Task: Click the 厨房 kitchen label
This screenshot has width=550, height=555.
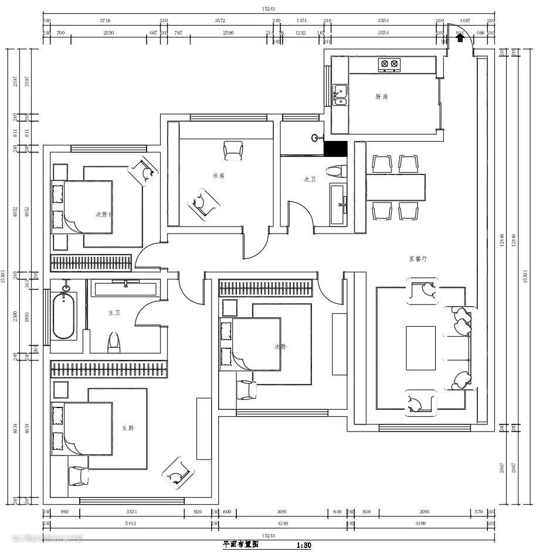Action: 382,97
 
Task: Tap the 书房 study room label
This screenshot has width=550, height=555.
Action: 218,175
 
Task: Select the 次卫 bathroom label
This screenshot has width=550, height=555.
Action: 310,180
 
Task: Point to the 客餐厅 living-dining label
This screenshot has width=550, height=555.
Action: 418,258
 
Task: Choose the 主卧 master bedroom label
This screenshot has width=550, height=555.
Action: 128,428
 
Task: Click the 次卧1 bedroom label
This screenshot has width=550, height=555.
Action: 104,214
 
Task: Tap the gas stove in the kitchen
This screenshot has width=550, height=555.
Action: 389,64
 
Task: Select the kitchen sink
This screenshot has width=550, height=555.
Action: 340,94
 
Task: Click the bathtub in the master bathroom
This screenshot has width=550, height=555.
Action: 64,316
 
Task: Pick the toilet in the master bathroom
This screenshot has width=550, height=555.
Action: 114,341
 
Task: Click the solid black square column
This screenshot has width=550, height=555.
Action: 336,149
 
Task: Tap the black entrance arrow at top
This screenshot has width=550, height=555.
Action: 460,37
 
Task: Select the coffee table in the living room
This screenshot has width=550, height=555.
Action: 421,347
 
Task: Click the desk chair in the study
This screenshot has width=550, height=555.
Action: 233,150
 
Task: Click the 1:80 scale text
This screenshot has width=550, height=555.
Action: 304,545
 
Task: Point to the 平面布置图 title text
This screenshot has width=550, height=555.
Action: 240,544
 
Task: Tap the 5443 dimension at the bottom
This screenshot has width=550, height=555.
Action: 127,523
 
